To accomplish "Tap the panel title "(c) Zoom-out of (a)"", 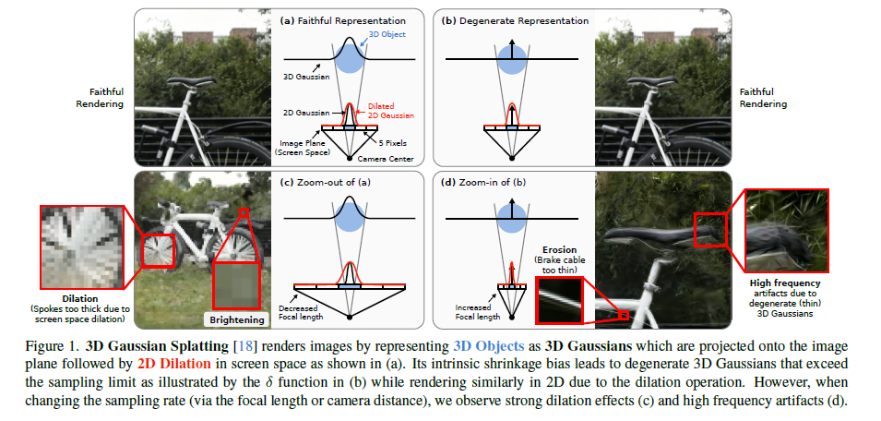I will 323,181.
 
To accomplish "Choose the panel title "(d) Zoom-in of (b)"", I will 484,181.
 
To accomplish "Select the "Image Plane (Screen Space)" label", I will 301,149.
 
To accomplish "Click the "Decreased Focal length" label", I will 302,312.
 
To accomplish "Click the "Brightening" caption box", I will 236,319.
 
